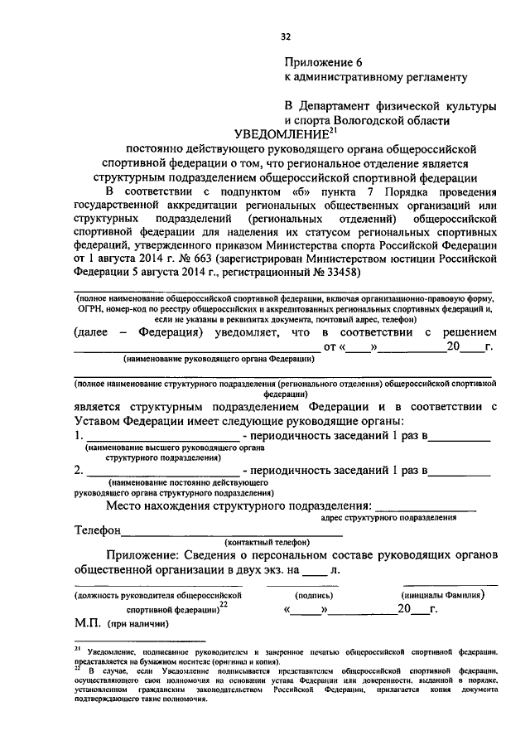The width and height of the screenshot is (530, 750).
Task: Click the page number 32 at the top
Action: (286, 36)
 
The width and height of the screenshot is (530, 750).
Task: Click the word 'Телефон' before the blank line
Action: (98, 530)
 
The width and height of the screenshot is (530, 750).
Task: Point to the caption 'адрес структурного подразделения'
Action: (388, 516)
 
